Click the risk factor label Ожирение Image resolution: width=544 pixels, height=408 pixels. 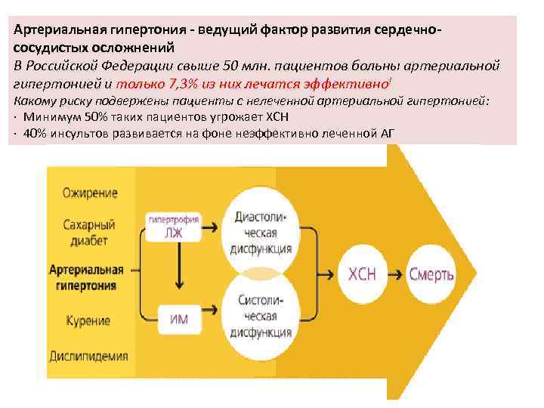(x=90, y=193)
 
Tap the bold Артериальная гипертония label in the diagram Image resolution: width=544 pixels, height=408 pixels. (x=86, y=277)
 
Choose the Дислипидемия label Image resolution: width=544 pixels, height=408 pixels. (x=88, y=356)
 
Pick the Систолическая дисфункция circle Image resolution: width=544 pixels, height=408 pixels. (x=259, y=317)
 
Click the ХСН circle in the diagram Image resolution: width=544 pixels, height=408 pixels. (x=361, y=274)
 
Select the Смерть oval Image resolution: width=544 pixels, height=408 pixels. (x=431, y=274)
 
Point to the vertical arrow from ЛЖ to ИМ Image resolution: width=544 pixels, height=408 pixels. (x=179, y=268)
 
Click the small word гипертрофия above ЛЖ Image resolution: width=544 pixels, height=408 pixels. (x=174, y=219)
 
